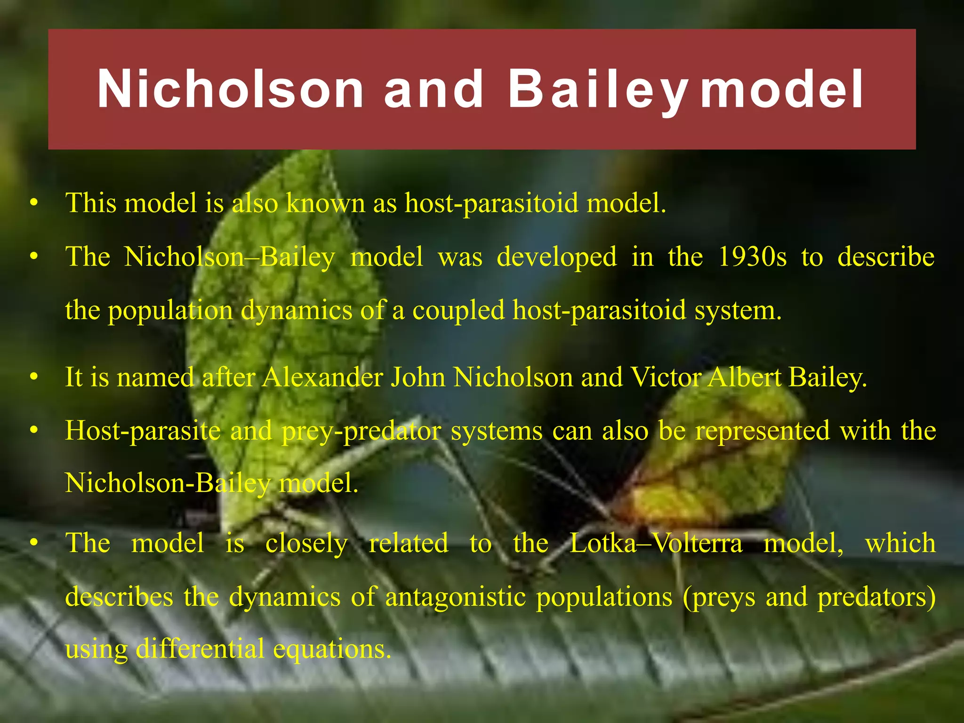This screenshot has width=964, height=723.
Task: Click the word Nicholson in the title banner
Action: point(230,89)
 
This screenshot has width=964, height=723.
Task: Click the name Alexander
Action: point(322,377)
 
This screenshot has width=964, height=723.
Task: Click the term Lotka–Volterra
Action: point(656,543)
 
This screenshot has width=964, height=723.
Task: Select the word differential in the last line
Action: point(200,649)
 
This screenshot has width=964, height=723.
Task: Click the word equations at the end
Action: point(332,649)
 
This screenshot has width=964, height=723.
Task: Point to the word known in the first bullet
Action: point(325,203)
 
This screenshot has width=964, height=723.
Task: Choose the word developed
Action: point(557,257)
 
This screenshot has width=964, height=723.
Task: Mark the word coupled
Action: point(458,311)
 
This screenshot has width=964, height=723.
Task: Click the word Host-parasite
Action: point(143,431)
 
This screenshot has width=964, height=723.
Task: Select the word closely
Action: point(306,543)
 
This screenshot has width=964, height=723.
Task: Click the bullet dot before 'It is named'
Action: point(33,377)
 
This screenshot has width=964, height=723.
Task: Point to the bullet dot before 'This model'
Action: point(33,203)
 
